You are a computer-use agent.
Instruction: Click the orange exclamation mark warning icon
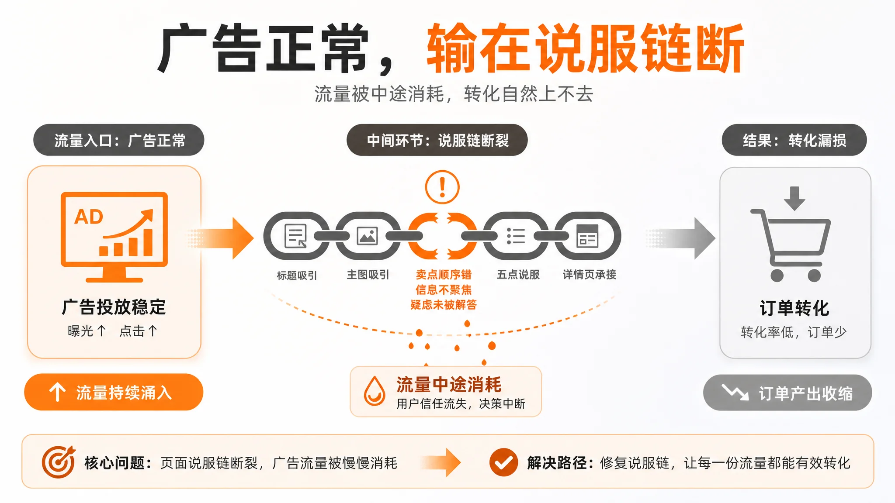(x=442, y=187)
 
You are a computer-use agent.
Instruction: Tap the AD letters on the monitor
(x=89, y=217)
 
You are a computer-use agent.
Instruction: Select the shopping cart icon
(x=791, y=245)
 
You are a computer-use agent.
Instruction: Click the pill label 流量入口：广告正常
(x=119, y=140)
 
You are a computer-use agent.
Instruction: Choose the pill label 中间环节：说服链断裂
(x=437, y=140)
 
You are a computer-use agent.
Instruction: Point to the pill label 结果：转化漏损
(x=794, y=140)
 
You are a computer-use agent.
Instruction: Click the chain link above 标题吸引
(x=296, y=236)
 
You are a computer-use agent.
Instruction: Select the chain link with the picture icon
(x=368, y=236)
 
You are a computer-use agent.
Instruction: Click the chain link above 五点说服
(x=516, y=236)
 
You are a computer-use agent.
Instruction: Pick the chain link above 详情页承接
(x=588, y=236)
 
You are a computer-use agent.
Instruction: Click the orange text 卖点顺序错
(x=444, y=275)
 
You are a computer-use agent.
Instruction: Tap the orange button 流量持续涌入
(x=114, y=392)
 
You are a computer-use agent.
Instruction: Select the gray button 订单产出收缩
(x=787, y=393)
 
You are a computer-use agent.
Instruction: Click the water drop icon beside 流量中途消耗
(x=375, y=391)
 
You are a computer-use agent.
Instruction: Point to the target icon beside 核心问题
(x=59, y=462)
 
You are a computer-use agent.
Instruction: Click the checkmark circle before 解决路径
(x=503, y=462)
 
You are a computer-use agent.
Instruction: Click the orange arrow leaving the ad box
(x=221, y=238)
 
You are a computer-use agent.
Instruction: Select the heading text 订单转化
(x=794, y=308)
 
